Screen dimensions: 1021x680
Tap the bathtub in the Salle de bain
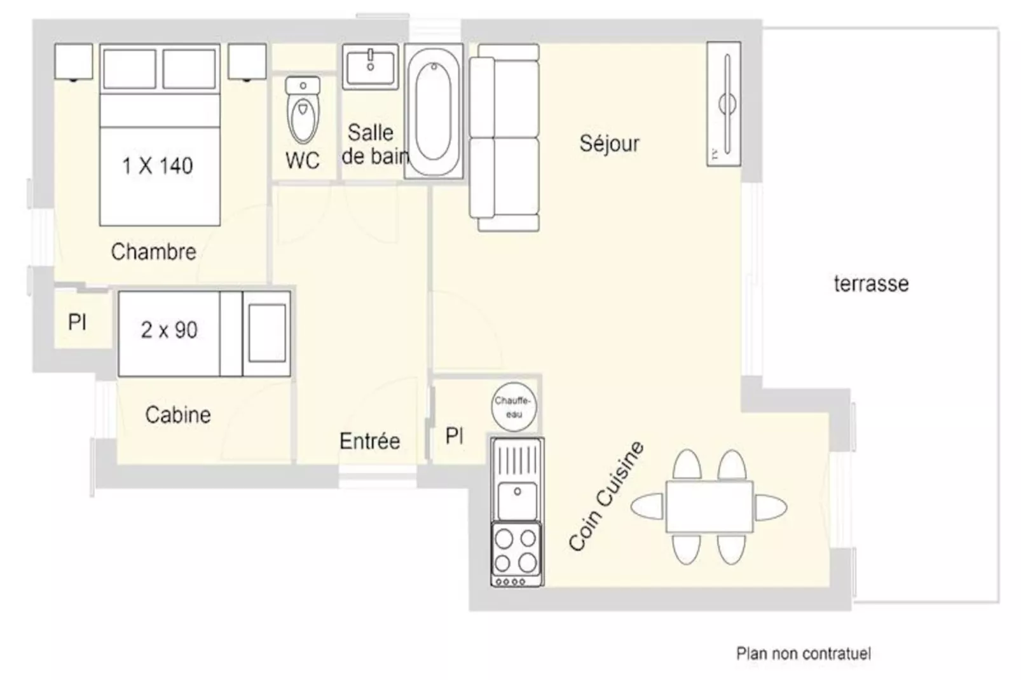pos(434,111)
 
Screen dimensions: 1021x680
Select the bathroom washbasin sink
pos(370,67)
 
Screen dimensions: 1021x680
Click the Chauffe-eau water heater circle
pos(514,407)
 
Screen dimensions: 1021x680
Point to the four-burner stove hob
pos(516,553)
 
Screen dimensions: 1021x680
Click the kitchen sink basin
pos(517,500)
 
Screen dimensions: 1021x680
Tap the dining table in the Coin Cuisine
pos(709,507)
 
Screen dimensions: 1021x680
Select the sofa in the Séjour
pos(504,138)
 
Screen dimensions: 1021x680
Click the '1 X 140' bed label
pos(158,165)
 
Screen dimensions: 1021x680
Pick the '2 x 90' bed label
pos(169,330)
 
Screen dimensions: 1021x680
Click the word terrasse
pos(871,283)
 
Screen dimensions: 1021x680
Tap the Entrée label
pos(369,440)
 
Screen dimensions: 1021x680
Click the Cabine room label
pos(178,415)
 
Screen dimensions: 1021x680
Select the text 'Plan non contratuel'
pos(804,653)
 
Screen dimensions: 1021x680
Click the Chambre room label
pos(154,252)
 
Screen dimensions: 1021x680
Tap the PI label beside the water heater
pos(455,436)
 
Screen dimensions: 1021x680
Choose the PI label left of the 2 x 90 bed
pos(77,322)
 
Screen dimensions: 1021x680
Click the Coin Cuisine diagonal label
pos(606,496)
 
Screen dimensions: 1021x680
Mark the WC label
pos(302,160)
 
